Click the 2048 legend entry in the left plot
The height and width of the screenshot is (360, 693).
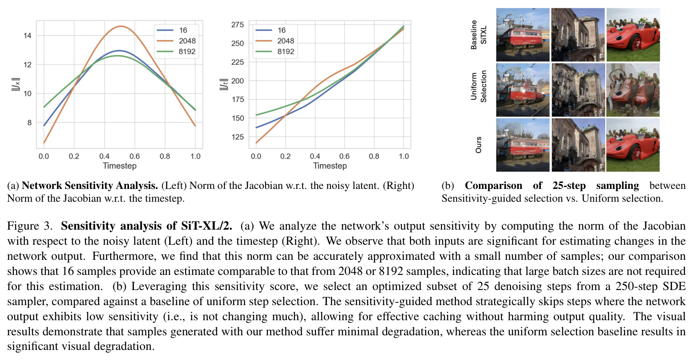point(176,41)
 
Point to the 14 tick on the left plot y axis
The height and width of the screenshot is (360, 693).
point(27,36)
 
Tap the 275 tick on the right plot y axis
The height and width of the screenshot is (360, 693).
point(238,24)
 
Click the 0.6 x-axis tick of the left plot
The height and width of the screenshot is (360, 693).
point(134,156)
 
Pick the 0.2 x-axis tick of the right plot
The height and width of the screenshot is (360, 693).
point(285,156)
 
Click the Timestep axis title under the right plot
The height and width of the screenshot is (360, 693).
point(330,166)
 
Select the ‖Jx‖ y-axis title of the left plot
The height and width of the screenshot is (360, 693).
point(16,84)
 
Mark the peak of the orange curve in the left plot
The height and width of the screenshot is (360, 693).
point(121,27)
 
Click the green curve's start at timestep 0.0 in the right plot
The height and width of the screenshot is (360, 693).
point(256,115)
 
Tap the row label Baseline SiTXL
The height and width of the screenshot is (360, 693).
point(478,35)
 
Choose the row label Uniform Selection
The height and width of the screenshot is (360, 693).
point(478,86)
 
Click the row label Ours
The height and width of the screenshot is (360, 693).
point(478,145)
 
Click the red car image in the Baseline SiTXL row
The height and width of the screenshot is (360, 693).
point(633,35)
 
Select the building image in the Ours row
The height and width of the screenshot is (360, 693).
point(578,145)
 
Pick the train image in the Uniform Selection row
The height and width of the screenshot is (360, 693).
point(523,90)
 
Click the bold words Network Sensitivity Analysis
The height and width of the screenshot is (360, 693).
point(90,185)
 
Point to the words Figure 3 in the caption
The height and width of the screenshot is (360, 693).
point(30,226)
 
